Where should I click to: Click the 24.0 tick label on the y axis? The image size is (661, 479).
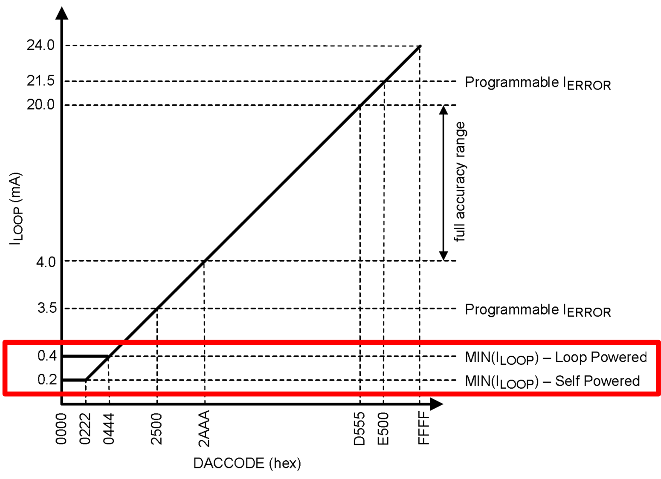tap(41, 45)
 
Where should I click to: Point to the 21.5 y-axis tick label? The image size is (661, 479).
tap(41, 81)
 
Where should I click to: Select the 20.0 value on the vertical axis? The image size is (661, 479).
tap(41, 104)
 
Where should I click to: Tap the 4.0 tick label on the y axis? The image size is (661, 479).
tap(46, 261)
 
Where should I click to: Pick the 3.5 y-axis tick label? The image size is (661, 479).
tap(47, 308)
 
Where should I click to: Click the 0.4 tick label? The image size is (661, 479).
tap(47, 355)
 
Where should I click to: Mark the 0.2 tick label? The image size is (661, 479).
tap(47, 379)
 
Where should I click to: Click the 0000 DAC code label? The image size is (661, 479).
tap(61, 429)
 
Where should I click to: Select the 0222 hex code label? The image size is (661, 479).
tap(85, 429)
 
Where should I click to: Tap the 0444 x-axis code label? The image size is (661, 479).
tap(109, 429)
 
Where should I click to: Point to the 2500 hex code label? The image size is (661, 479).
tap(157, 429)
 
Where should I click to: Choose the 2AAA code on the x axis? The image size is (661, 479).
tap(205, 429)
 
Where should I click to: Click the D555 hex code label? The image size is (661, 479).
tap(360, 429)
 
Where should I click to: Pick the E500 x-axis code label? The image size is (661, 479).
tap(383, 429)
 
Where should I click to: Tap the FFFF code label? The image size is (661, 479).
tap(423, 429)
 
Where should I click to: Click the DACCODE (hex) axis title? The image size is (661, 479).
tap(247, 463)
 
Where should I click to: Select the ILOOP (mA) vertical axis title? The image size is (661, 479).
tap(16, 208)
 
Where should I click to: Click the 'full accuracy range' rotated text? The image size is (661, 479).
tap(460, 182)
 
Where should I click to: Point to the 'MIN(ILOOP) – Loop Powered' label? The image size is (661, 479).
tap(556, 357)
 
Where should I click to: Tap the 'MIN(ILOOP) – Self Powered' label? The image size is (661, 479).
tap(552, 381)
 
